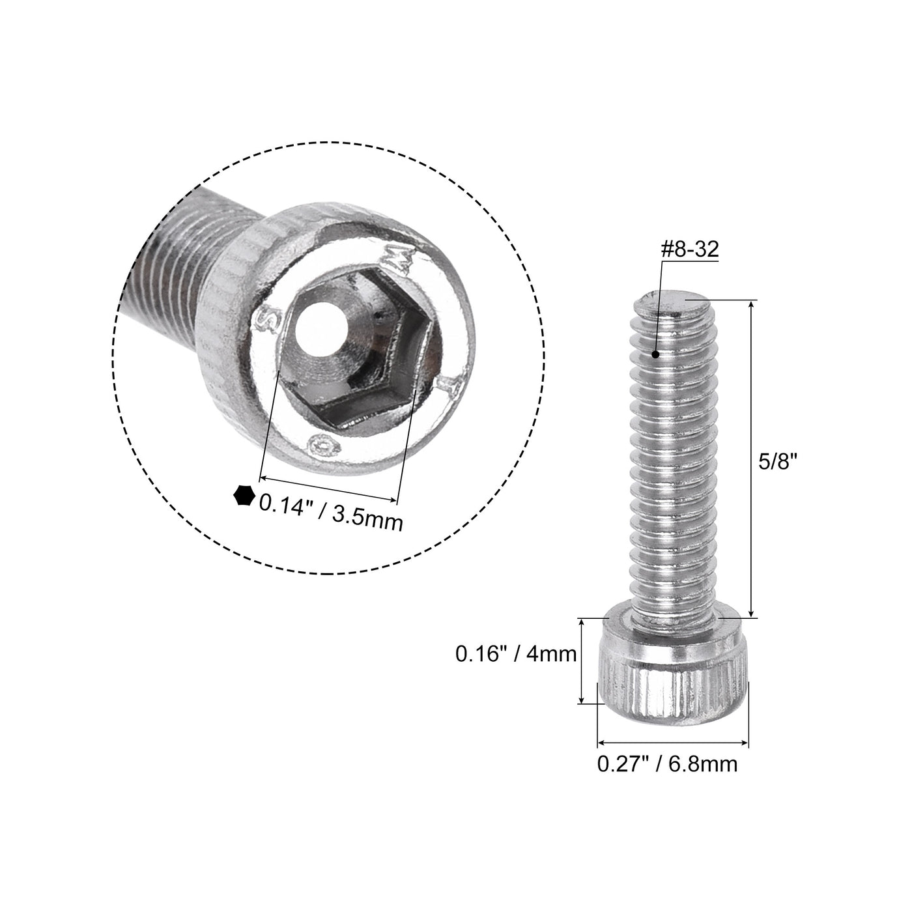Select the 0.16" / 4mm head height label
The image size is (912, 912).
pos(516,653)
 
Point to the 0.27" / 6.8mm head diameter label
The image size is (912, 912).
pos(668,763)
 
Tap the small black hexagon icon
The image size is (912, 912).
pos(244,496)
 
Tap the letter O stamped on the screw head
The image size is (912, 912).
pos(324,446)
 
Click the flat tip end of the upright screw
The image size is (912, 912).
pos(671,301)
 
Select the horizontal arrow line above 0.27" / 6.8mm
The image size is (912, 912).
pos(673,742)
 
